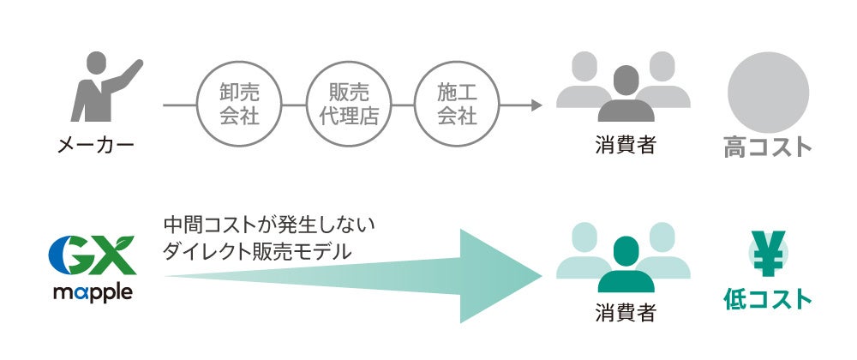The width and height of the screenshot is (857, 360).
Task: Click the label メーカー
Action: pyautogui.click(x=96, y=145)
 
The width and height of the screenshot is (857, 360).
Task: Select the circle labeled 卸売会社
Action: pyautogui.click(x=239, y=105)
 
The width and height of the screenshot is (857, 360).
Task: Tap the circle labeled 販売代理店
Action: pyautogui.click(x=348, y=105)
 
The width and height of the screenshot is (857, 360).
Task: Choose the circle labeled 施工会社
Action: pyautogui.click(x=457, y=105)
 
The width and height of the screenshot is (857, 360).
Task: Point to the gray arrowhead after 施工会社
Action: pyautogui.click(x=536, y=105)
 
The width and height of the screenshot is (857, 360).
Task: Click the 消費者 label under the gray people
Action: pyautogui.click(x=625, y=145)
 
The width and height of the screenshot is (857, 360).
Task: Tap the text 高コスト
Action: pyautogui.click(x=768, y=147)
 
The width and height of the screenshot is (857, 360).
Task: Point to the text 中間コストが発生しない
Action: pyautogui.click(x=269, y=227)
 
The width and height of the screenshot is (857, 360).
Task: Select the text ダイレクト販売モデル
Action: pyautogui.click(x=256, y=252)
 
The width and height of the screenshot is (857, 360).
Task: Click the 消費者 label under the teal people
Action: pyautogui.click(x=625, y=313)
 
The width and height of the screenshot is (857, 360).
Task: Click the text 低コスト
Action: pyautogui.click(x=768, y=299)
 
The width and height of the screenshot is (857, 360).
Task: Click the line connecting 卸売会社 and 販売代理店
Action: pyautogui.click(x=294, y=105)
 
